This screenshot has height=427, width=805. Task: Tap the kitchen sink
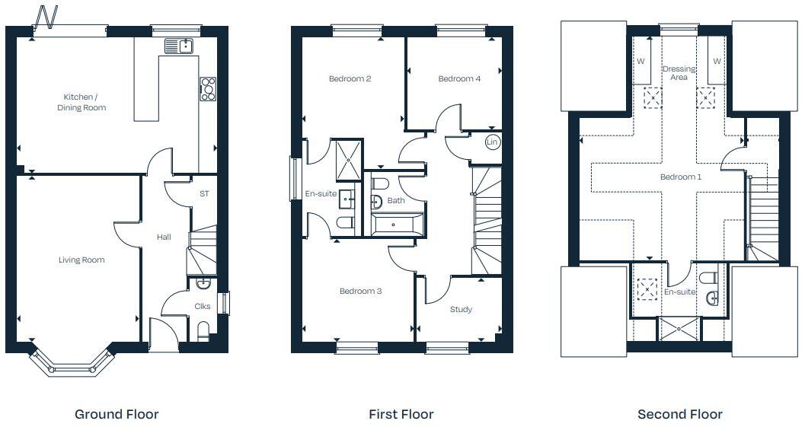tap(179, 46)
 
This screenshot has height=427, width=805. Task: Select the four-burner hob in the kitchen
tap(208, 89)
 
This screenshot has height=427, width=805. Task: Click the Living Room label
tap(81, 260)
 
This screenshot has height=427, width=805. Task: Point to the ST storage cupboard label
tap(204, 194)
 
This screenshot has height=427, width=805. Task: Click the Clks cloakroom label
tap(203, 307)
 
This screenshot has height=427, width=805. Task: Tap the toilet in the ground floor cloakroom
tap(203, 330)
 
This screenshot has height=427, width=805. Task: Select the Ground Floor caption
tap(117, 414)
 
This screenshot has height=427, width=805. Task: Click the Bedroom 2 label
tap(350, 78)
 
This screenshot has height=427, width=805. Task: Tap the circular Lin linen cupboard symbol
tap(492, 142)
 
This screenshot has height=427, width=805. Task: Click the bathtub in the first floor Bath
tap(396, 225)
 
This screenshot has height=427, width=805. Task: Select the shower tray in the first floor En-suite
tap(350, 157)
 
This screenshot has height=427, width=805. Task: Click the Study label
tap(461, 309)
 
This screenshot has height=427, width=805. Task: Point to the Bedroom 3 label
tap(360, 291)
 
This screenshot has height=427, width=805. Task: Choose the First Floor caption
tap(401, 414)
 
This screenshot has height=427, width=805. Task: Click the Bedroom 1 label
tap(680, 177)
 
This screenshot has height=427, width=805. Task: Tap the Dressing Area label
tap(679, 73)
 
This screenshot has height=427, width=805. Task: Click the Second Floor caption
tap(679, 414)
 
